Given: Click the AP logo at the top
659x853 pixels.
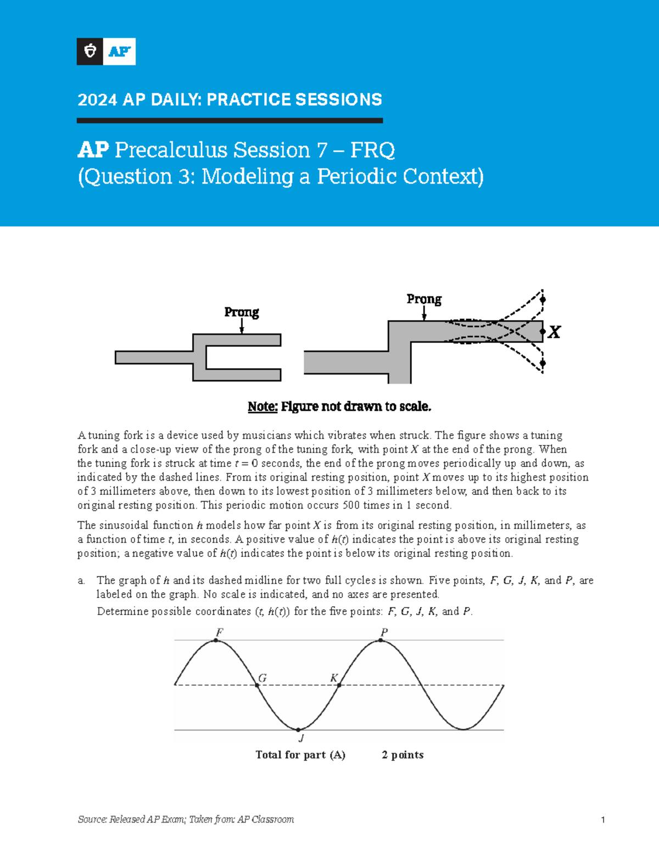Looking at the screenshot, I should click(106, 52).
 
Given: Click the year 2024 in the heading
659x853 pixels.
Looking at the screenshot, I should click(97, 99).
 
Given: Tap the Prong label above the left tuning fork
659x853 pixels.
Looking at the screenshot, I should click(242, 312).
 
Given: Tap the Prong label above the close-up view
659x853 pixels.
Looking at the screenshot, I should click(423, 299).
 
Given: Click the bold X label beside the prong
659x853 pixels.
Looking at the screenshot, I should click(555, 332).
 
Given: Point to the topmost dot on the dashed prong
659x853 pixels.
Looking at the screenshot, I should click(543, 300).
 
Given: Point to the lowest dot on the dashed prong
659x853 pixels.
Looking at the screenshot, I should click(543, 363).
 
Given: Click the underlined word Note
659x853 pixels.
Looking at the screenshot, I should click(262, 406).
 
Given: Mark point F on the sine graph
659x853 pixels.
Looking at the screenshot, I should click(217, 640).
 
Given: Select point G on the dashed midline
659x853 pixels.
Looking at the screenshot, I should click(257, 685).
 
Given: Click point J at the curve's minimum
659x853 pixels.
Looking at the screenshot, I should click(299, 730).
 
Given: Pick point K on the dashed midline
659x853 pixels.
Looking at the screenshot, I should click(339, 685).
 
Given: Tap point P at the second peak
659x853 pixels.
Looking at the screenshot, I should click(381, 640).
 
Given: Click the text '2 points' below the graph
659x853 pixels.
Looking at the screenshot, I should click(403, 755).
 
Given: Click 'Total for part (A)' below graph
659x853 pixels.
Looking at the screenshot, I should click(300, 755).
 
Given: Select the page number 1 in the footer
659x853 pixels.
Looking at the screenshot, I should click(602, 820).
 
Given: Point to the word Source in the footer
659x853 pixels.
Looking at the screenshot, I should click(92, 819).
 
